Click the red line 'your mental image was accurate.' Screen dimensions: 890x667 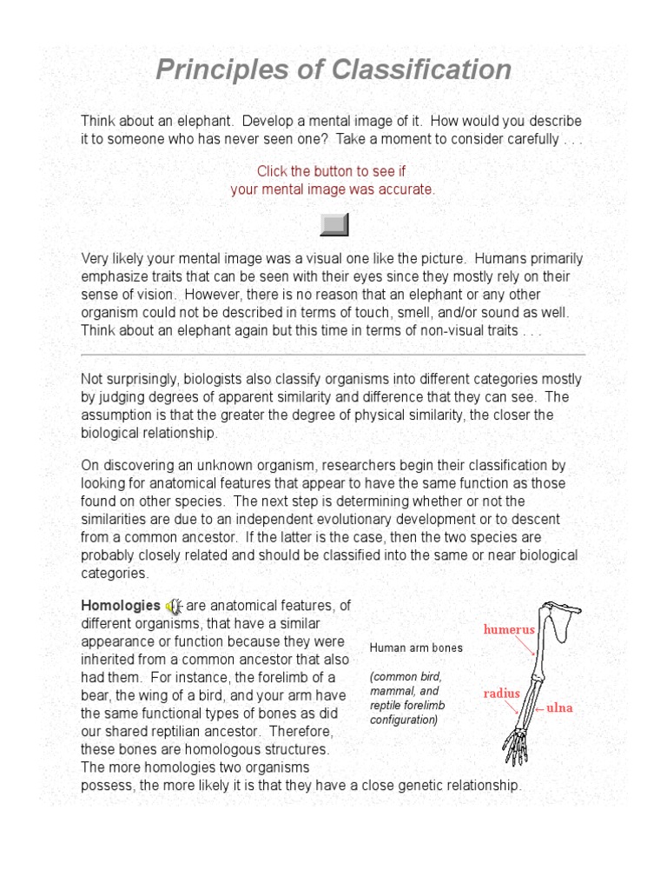coord(333,189)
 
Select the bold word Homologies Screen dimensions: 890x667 coord(121,606)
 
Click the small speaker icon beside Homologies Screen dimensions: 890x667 coord(174,606)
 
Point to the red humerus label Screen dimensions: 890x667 coord(508,629)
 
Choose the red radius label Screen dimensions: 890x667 coord(502,694)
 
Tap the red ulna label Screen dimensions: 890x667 coord(559,708)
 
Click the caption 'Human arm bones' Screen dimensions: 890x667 coord(416,648)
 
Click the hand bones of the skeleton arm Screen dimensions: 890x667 coord(516,746)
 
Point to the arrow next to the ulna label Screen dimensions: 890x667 coord(538,708)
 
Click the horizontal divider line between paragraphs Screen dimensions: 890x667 coord(333,355)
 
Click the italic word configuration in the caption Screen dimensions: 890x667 coord(403,721)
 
